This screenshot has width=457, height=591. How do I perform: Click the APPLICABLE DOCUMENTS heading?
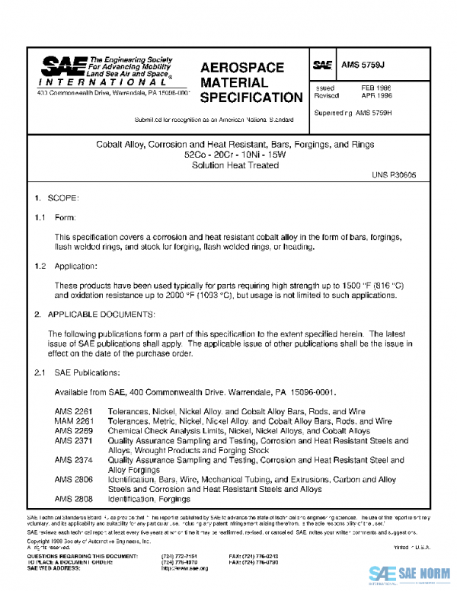pos(101,314)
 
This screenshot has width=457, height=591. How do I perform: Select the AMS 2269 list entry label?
pos(73,431)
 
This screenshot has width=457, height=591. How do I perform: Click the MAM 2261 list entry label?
pos(73,421)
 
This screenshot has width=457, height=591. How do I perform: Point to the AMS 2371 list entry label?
pos(73,440)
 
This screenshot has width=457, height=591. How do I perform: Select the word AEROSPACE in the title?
pos(242,67)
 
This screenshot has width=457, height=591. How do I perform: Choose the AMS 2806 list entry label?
pos(73,480)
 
